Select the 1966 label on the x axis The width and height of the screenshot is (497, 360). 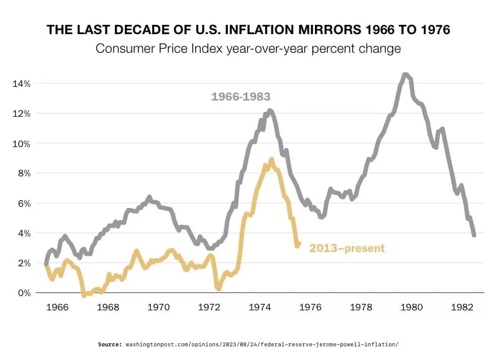(x=58, y=307)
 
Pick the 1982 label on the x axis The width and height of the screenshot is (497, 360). (x=462, y=307)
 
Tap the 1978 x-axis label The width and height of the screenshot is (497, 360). (x=361, y=307)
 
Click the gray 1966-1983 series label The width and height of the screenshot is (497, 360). (x=240, y=96)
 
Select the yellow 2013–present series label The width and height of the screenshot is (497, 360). (x=347, y=248)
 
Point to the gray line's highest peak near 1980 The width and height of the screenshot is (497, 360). (x=405, y=75)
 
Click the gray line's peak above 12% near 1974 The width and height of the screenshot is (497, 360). (x=270, y=110)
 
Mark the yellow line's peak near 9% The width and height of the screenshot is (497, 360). (x=271, y=160)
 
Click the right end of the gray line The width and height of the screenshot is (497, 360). (x=474, y=235)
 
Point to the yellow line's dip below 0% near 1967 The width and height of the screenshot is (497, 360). (x=84, y=295)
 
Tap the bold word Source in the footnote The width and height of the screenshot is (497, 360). (x=110, y=344)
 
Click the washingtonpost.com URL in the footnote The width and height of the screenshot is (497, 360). (x=262, y=344)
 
